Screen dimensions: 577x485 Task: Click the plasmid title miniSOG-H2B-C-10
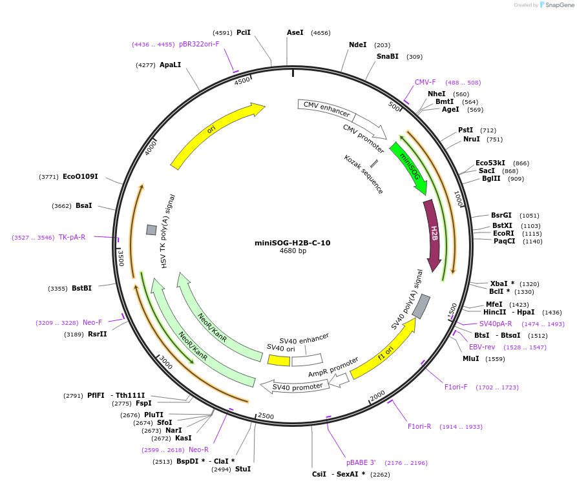pos(293,243)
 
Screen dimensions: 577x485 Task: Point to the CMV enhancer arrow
pos(330,110)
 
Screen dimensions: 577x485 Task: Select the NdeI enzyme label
pos(357,45)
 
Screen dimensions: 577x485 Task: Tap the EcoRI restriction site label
pos(503,233)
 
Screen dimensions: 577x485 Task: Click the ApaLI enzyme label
pos(171,65)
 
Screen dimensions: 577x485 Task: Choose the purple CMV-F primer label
pos(425,82)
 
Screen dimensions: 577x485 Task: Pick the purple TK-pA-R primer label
pos(72,237)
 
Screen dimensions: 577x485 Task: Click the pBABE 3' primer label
pos(361,462)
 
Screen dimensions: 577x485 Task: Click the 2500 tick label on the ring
pos(266,416)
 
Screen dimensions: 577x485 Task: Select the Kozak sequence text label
pos(363,174)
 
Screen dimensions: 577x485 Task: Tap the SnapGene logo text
pos(559,5)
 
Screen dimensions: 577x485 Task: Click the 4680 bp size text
pos(293,251)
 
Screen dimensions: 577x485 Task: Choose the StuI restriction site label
pos(243,469)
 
